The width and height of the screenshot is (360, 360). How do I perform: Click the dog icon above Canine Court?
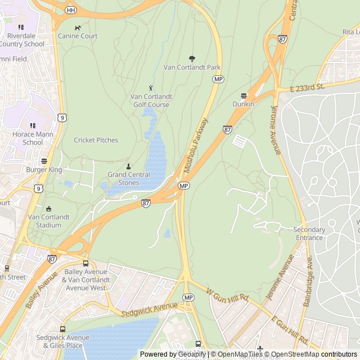click(x=78, y=28)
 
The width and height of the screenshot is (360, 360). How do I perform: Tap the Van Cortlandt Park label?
click(x=192, y=67)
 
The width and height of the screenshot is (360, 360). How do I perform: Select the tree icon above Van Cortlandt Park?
click(x=192, y=58)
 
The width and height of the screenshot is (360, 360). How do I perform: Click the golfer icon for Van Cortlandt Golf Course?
click(x=151, y=88)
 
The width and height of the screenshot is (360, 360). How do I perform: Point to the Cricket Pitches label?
click(x=96, y=140)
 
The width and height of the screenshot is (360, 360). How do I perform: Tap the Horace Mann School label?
click(x=33, y=138)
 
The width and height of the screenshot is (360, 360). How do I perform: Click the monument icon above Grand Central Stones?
click(x=128, y=166)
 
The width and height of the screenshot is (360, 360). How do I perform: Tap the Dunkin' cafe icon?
click(x=244, y=96)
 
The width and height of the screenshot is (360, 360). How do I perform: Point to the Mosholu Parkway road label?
click(x=196, y=145)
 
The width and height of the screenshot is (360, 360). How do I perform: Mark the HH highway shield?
click(x=70, y=10)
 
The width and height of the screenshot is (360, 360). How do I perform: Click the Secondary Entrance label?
click(x=309, y=233)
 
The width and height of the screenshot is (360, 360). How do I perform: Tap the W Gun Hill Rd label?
click(x=228, y=294)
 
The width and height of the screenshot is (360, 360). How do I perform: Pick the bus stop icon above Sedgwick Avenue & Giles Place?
click(x=62, y=329)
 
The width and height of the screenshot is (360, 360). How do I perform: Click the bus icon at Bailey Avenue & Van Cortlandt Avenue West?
click(x=85, y=263)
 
